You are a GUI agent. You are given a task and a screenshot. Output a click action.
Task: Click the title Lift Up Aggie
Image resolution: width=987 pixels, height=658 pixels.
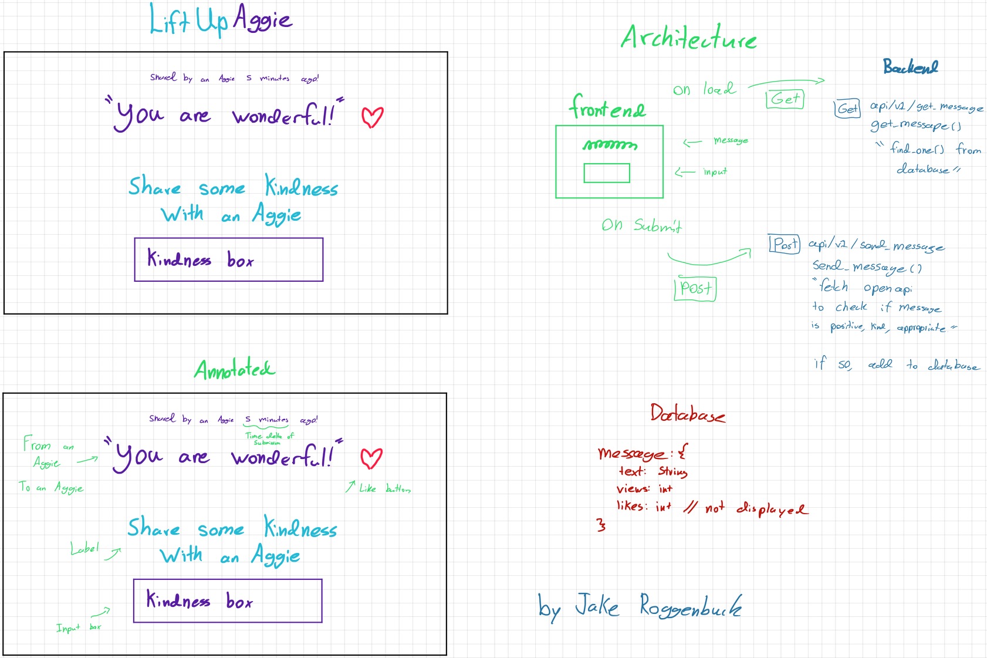220,20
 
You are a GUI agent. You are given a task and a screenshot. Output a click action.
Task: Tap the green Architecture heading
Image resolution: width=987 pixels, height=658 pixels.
688,38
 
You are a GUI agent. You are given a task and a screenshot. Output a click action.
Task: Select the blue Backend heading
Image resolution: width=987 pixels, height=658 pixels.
910,67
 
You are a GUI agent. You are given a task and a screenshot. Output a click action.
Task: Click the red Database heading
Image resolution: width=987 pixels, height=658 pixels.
687,414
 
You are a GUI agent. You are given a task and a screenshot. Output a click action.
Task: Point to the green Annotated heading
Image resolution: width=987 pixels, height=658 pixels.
234,370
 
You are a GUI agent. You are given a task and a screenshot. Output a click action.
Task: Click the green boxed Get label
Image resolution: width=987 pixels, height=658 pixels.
785,99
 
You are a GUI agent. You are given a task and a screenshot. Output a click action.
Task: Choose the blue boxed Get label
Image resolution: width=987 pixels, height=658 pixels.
847,109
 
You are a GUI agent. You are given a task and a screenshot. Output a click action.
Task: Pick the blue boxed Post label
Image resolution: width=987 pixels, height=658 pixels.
785,244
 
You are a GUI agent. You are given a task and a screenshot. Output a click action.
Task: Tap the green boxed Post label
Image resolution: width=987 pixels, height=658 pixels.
695,288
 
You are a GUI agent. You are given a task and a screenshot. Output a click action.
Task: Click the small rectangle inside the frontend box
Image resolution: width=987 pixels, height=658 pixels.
607,173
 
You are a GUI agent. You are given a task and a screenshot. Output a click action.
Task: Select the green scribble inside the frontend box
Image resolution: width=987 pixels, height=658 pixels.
610,144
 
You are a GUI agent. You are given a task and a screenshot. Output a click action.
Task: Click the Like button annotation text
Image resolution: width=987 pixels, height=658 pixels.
384,488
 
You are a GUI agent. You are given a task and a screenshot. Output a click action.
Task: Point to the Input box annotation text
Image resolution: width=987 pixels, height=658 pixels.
79,627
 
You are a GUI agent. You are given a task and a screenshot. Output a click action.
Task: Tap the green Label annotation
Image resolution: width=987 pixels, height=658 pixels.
84,549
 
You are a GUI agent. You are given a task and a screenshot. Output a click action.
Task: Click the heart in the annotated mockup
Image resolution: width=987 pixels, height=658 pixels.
371,458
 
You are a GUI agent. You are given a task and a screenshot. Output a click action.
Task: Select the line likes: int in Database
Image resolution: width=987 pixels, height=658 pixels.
644,506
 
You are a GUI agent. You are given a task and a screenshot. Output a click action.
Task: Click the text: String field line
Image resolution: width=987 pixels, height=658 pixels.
653,471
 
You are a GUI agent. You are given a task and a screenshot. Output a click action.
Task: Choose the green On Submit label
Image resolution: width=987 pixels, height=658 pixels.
641,225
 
